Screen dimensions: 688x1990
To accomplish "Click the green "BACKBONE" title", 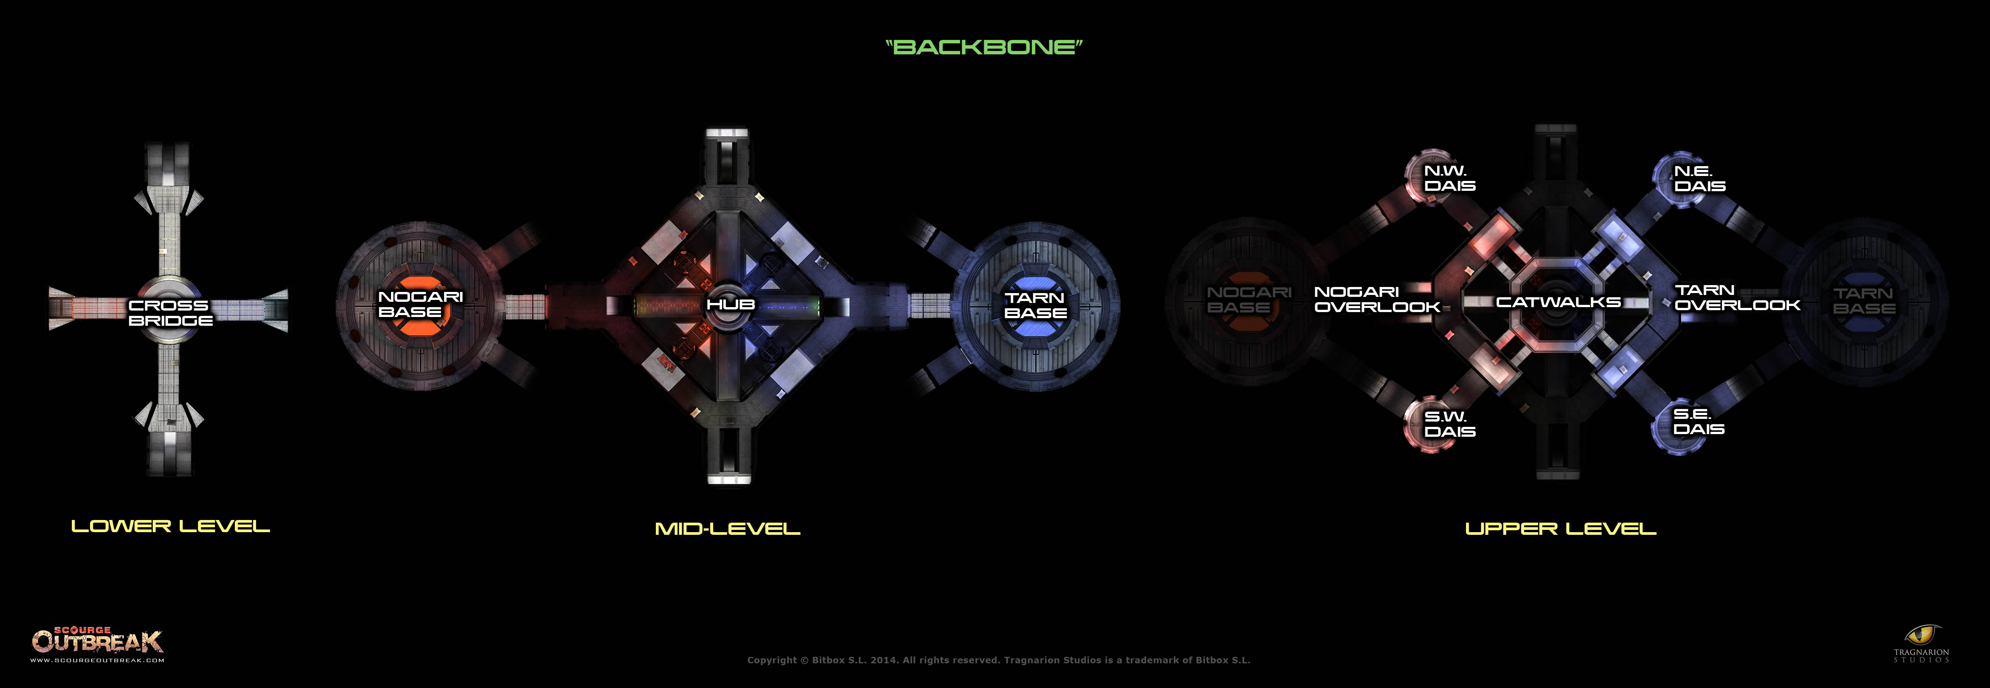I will [983, 47].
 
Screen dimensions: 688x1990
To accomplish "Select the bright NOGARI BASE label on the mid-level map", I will [420, 304].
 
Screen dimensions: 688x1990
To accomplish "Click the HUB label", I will [730, 304].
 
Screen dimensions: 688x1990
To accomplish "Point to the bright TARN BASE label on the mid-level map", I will [1035, 305].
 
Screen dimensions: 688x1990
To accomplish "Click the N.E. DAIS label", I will [1699, 179].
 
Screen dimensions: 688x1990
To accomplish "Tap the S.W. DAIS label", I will [1449, 423].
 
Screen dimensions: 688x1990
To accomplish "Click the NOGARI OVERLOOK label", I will [1376, 299].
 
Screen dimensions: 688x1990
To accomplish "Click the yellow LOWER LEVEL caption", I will [170, 526].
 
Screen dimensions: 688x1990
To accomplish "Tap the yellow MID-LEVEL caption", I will [727, 529].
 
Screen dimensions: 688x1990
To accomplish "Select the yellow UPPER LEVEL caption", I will [1561, 529].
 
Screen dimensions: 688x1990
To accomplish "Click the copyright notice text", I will [998, 660].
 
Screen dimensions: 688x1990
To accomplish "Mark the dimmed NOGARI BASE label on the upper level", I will [1248, 299].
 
